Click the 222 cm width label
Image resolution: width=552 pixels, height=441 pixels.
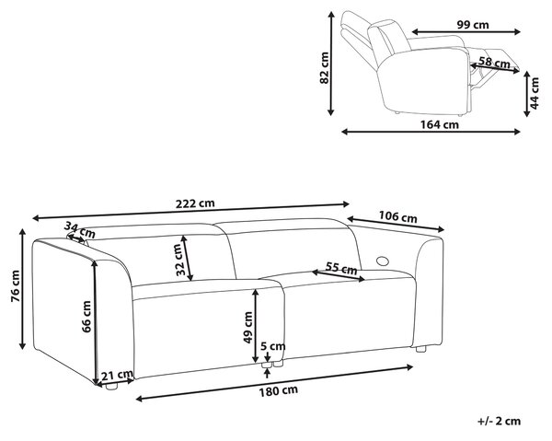tap(195, 203)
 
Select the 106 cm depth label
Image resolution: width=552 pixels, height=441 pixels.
tap(397, 216)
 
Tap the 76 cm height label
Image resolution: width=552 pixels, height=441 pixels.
tap(16, 286)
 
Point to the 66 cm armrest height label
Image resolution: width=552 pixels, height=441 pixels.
tap(86, 317)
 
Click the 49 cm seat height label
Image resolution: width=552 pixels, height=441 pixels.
tap(248, 327)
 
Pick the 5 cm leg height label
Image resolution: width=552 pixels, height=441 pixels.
tap(273, 346)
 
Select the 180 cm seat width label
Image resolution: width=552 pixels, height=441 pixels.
tap(279, 390)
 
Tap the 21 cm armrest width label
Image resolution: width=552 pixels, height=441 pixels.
tap(117, 375)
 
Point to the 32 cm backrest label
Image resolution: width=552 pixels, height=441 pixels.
tap(180, 260)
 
